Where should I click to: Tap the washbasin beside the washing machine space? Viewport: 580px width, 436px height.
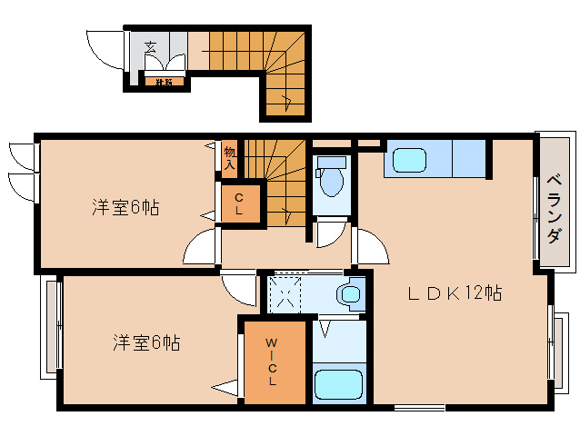tap(348, 294)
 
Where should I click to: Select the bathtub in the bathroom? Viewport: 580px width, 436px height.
tap(340, 384)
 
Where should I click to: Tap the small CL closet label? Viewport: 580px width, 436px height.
tap(239, 202)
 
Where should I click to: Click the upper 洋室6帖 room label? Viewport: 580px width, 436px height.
tap(125, 208)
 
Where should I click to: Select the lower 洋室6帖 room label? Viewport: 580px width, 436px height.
tap(146, 342)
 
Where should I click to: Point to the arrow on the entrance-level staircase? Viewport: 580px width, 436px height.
tap(286, 100)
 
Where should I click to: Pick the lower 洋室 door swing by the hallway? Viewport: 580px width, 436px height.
tap(239, 289)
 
